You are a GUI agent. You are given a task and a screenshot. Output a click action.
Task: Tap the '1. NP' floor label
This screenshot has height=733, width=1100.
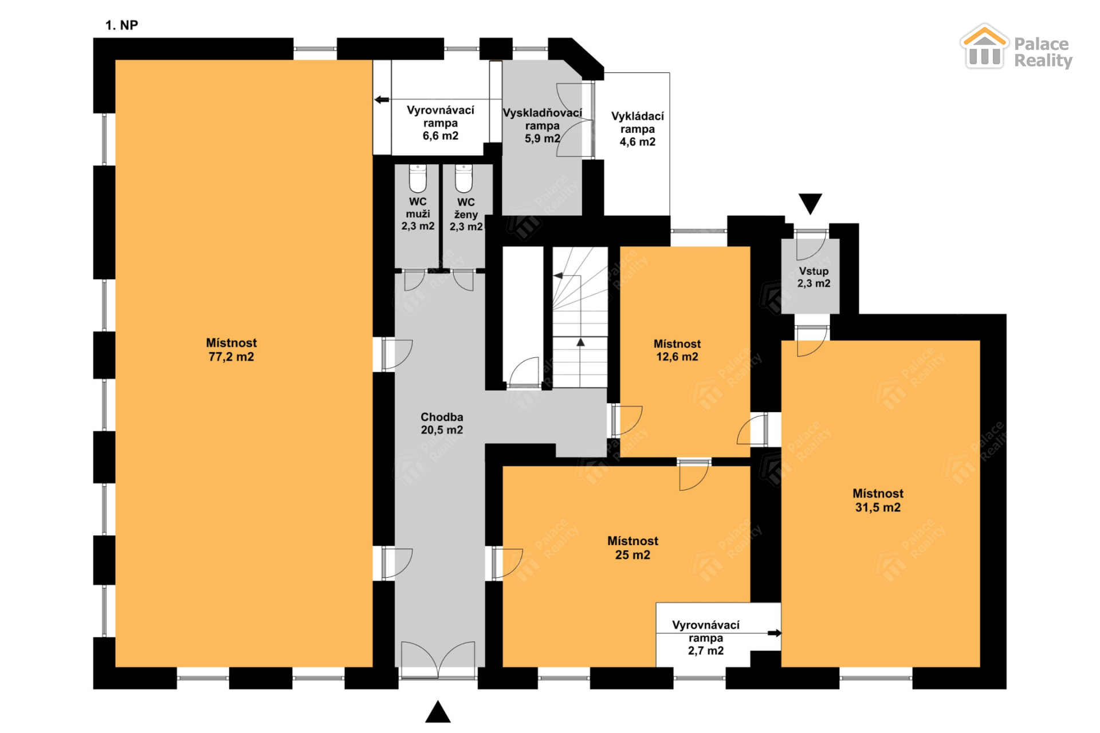point(121,25)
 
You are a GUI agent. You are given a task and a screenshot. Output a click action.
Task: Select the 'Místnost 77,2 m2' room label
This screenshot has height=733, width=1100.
point(231,350)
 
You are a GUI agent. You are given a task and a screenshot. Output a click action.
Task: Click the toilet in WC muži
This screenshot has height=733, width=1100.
point(418,178)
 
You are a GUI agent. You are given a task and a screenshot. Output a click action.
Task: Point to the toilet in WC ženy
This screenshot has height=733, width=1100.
point(463,178)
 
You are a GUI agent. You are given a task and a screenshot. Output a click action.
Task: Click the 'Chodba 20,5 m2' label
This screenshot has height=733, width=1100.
point(442,424)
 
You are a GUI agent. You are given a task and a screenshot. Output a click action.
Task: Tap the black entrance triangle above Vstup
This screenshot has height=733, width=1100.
point(810,203)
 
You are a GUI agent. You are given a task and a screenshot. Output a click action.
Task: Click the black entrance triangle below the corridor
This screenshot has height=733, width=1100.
point(438,712)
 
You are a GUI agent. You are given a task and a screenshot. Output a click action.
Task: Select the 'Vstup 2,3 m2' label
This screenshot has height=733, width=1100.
point(814,277)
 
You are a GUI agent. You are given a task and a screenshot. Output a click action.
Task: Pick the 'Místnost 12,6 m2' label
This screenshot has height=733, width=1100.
point(677,350)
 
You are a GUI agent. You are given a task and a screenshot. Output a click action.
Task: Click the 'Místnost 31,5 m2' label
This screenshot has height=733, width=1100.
point(878,501)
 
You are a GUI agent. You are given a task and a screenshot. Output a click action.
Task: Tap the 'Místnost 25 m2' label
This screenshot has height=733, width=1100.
point(632,548)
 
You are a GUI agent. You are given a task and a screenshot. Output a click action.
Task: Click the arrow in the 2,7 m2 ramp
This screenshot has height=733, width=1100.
point(775,633)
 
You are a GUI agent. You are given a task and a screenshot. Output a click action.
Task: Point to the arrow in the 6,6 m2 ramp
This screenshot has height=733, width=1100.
point(382,100)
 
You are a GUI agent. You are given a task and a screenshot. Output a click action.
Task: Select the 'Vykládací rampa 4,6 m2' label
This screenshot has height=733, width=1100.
point(637,129)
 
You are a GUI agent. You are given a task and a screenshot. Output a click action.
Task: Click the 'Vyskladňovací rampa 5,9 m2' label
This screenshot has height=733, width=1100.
point(542,125)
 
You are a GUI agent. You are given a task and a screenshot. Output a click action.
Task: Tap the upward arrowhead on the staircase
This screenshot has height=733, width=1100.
point(580,342)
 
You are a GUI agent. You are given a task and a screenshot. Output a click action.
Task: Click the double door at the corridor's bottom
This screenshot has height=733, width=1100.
point(438,660)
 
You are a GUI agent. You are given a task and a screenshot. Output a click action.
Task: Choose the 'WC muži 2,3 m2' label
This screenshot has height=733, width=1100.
point(418,214)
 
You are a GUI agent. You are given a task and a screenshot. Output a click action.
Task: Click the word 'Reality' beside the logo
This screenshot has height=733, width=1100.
point(1043,61)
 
